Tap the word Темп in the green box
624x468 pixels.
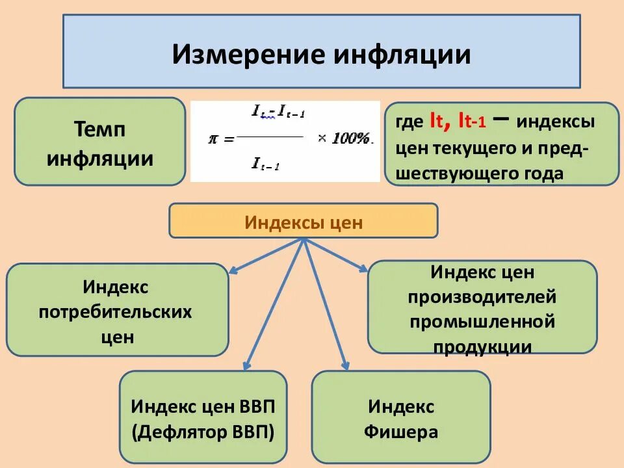[99, 129]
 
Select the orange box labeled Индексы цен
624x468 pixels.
[303, 222]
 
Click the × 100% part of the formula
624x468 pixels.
[344, 138]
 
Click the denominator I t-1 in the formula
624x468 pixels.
[265, 164]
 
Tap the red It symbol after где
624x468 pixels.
[435, 121]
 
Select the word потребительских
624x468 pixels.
[116, 312]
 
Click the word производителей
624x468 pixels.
[482, 296]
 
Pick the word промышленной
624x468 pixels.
[482, 321]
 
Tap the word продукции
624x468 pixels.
[482, 346]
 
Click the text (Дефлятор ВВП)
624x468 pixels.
[203, 432]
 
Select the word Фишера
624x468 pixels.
[401, 432]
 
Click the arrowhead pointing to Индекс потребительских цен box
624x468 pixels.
[235, 268]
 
